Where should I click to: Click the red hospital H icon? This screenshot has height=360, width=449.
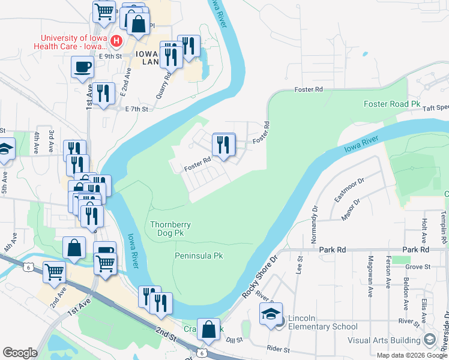coord(117,41)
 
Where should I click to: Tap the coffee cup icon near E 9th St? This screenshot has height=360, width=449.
coord(82,67)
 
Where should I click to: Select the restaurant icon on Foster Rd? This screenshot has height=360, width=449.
coord(223,145)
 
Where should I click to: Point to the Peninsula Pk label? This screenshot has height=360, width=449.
coord(199,256)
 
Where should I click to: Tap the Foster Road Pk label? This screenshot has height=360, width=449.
coord(392,104)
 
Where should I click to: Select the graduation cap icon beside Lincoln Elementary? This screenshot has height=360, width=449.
coord(271,314)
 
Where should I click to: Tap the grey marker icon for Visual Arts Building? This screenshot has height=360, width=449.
coord(429,340)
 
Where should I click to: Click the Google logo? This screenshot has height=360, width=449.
coord(20,352)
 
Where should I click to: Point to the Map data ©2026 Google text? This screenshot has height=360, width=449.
coord(411,355)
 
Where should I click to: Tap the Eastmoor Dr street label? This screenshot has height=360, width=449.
coord(349,190)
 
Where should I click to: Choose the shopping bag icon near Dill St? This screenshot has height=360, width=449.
coord(208,330)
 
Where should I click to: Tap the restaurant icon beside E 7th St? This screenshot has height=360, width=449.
coord(104,94)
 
